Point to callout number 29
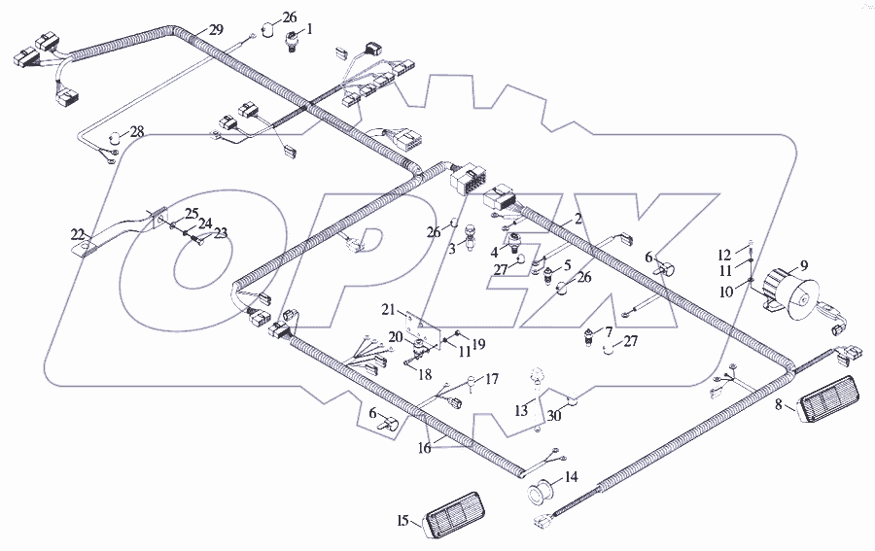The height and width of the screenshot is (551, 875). [216, 29]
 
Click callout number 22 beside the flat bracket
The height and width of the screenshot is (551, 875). [78, 233]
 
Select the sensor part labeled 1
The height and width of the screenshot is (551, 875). [292, 42]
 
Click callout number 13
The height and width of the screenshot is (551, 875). [521, 411]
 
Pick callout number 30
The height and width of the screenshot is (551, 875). [553, 416]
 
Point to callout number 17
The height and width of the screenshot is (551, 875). [492, 380]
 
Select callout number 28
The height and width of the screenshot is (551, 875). [137, 132]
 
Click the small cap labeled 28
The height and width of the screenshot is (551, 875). [115, 137]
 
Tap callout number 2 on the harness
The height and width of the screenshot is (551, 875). [578, 218]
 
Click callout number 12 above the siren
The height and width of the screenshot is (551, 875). [724, 256]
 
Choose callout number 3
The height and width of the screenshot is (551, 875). [452, 249]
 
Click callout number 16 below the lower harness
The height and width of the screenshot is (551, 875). [425, 448]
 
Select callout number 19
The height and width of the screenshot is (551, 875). [478, 344]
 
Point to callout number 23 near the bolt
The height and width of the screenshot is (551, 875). [221, 233]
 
